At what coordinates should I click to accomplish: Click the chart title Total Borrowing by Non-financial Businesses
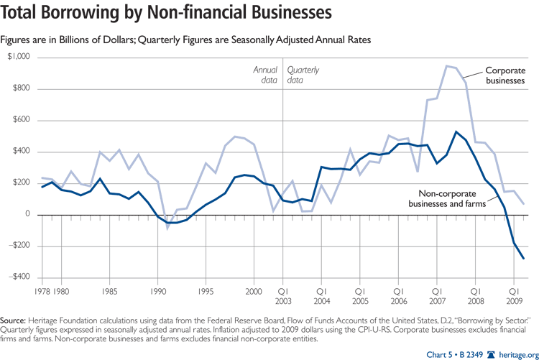pyautogui.click(x=167, y=14)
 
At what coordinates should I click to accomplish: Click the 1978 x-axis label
pyautogui.click(x=43, y=292)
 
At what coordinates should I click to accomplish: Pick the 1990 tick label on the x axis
pyautogui.click(x=158, y=292)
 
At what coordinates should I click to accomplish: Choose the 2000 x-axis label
pyautogui.click(x=254, y=292)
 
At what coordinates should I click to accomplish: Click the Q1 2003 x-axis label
pyautogui.click(x=282, y=297)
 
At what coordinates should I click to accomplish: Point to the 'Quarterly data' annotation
pyautogui.click(x=303, y=75)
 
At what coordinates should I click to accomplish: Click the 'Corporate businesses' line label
pyautogui.click(x=505, y=75)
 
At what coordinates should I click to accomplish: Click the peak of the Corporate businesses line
pyautogui.click(x=446, y=66)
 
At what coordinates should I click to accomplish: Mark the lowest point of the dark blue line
pyautogui.click(x=523, y=259)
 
